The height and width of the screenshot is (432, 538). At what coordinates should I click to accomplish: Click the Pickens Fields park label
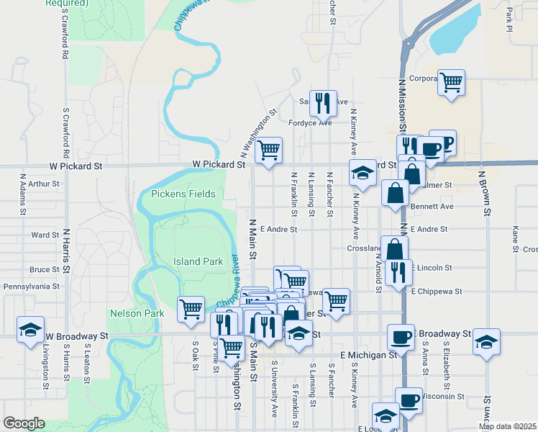(183, 194)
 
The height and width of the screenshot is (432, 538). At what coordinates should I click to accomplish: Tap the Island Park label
(198, 261)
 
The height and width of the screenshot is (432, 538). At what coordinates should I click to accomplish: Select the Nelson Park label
(133, 313)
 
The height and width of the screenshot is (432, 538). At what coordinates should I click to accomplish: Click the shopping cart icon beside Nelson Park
(191, 309)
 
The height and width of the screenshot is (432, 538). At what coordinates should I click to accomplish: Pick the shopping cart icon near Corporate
(451, 83)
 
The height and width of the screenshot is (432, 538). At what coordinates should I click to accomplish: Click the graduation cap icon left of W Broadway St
(31, 330)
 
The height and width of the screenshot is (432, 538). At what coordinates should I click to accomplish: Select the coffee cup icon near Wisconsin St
(409, 400)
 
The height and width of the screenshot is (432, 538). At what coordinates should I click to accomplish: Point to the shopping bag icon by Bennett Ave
(395, 193)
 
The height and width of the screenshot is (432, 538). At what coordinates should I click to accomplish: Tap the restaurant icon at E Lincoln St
(398, 271)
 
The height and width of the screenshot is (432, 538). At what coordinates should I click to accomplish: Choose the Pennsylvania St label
(31, 286)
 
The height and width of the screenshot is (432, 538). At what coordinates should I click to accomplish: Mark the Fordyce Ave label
(310, 122)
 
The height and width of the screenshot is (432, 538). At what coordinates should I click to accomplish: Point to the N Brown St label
(487, 193)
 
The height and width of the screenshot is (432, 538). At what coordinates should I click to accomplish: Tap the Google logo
(24, 423)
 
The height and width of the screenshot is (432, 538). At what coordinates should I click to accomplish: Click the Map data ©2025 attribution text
(506, 426)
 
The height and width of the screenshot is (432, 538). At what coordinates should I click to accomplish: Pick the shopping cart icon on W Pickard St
(268, 150)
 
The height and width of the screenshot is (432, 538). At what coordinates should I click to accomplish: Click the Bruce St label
(45, 270)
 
